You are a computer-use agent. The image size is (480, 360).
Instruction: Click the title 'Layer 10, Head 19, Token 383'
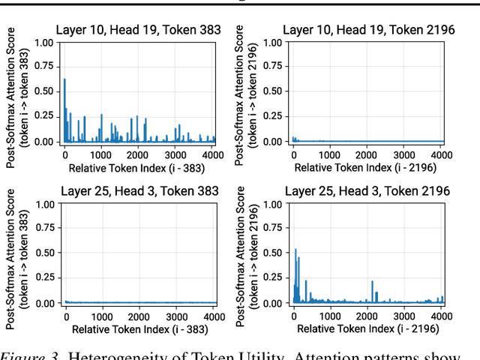coord(139,30)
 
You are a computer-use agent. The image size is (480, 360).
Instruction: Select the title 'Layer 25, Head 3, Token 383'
coord(139,191)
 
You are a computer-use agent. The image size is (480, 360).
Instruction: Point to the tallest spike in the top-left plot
coord(64,79)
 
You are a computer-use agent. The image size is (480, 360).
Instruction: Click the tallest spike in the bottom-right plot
coord(295,250)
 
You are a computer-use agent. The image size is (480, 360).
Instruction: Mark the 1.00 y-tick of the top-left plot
coord(43,43)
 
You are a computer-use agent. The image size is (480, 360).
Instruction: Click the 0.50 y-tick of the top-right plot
coord(271,92)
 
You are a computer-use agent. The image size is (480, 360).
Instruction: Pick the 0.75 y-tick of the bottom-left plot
coord(43,229)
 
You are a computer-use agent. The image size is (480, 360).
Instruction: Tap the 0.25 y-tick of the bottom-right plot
coord(271,278)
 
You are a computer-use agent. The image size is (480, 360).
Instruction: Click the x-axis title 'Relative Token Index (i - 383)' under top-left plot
coord(139,166)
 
